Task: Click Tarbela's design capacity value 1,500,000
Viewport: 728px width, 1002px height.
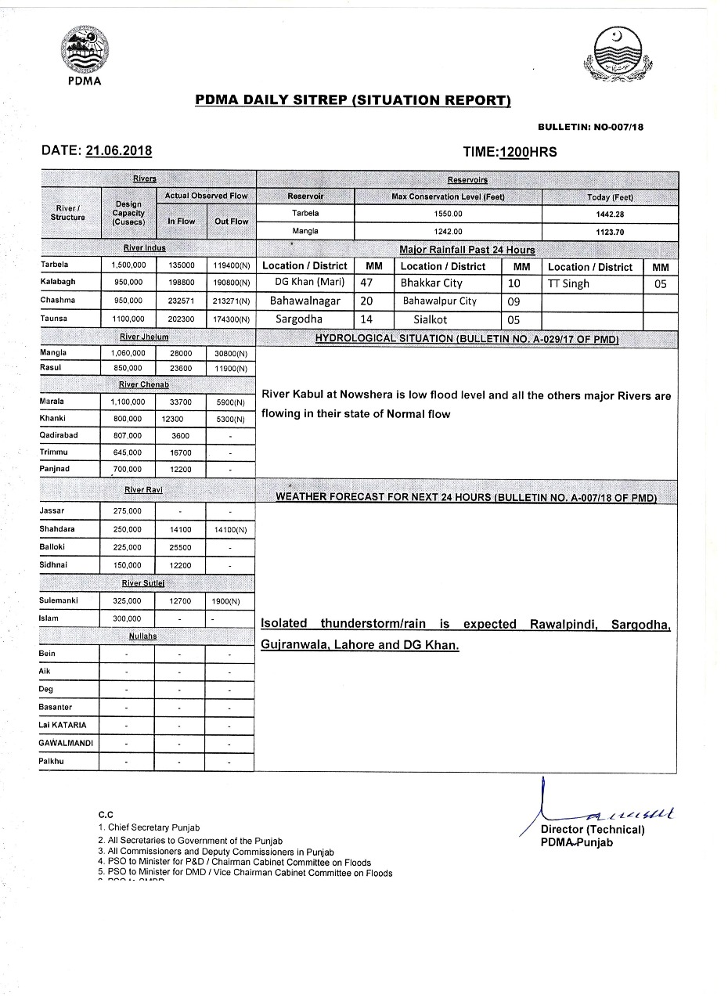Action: point(128,265)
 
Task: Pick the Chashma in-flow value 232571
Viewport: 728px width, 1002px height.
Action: point(181,300)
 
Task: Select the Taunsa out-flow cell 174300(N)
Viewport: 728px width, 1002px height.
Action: point(232,319)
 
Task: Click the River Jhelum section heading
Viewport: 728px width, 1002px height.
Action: point(144,337)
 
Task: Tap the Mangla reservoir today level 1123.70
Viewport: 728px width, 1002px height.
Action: point(610,232)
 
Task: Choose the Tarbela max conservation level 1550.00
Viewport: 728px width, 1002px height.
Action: point(449,214)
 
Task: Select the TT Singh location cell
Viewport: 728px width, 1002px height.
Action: point(569,283)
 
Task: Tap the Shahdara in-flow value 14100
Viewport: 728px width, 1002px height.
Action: point(181,530)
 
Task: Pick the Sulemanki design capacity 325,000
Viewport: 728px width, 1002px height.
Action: point(128,601)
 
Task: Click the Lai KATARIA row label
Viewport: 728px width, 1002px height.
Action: point(63,725)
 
